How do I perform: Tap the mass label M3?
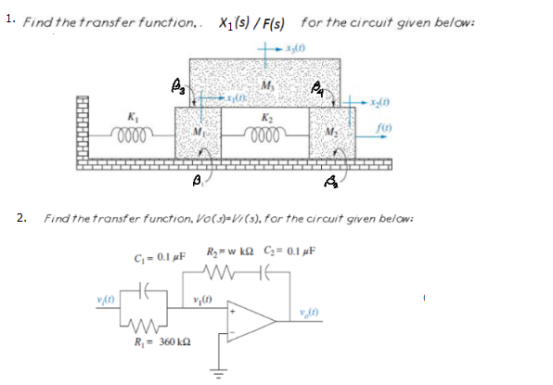point(269,87)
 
